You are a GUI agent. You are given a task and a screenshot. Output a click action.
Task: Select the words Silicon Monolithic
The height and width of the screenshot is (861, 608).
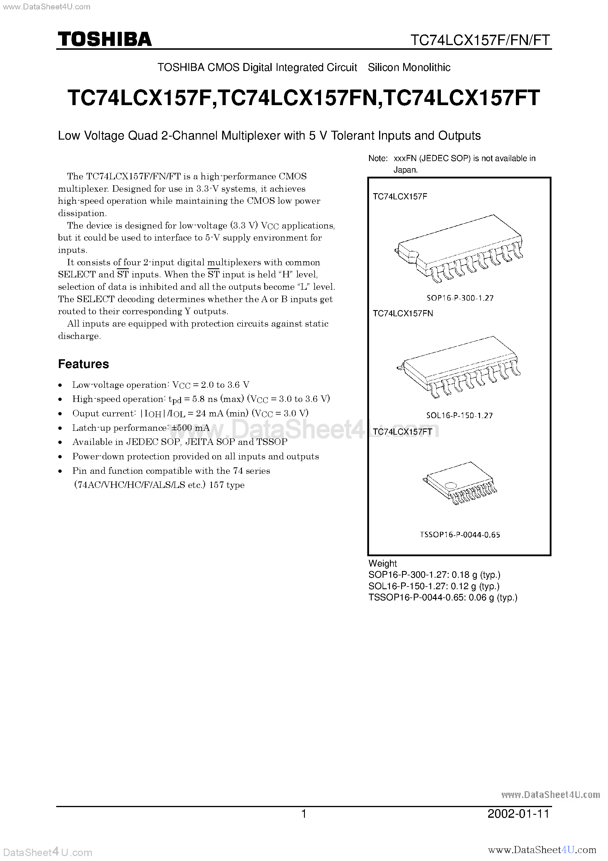click(x=409, y=67)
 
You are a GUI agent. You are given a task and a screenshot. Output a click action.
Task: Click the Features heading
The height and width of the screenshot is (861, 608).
click(x=83, y=364)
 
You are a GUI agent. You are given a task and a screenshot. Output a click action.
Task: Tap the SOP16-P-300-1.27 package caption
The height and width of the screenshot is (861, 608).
click(x=460, y=298)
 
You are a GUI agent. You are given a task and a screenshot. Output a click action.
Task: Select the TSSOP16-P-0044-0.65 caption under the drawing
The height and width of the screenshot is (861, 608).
click(x=460, y=535)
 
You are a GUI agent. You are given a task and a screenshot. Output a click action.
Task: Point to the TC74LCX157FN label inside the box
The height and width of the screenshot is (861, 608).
click(x=403, y=314)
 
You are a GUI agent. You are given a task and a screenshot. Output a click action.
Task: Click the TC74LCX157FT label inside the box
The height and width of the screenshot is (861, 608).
click(x=403, y=432)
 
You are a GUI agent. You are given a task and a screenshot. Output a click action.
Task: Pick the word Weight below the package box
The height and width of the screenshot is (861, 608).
click(x=382, y=563)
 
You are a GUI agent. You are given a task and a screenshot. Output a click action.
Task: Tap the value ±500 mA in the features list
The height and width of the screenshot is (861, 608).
click(x=190, y=428)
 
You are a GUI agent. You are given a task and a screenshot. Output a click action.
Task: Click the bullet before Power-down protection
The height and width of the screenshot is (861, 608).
click(x=60, y=457)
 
